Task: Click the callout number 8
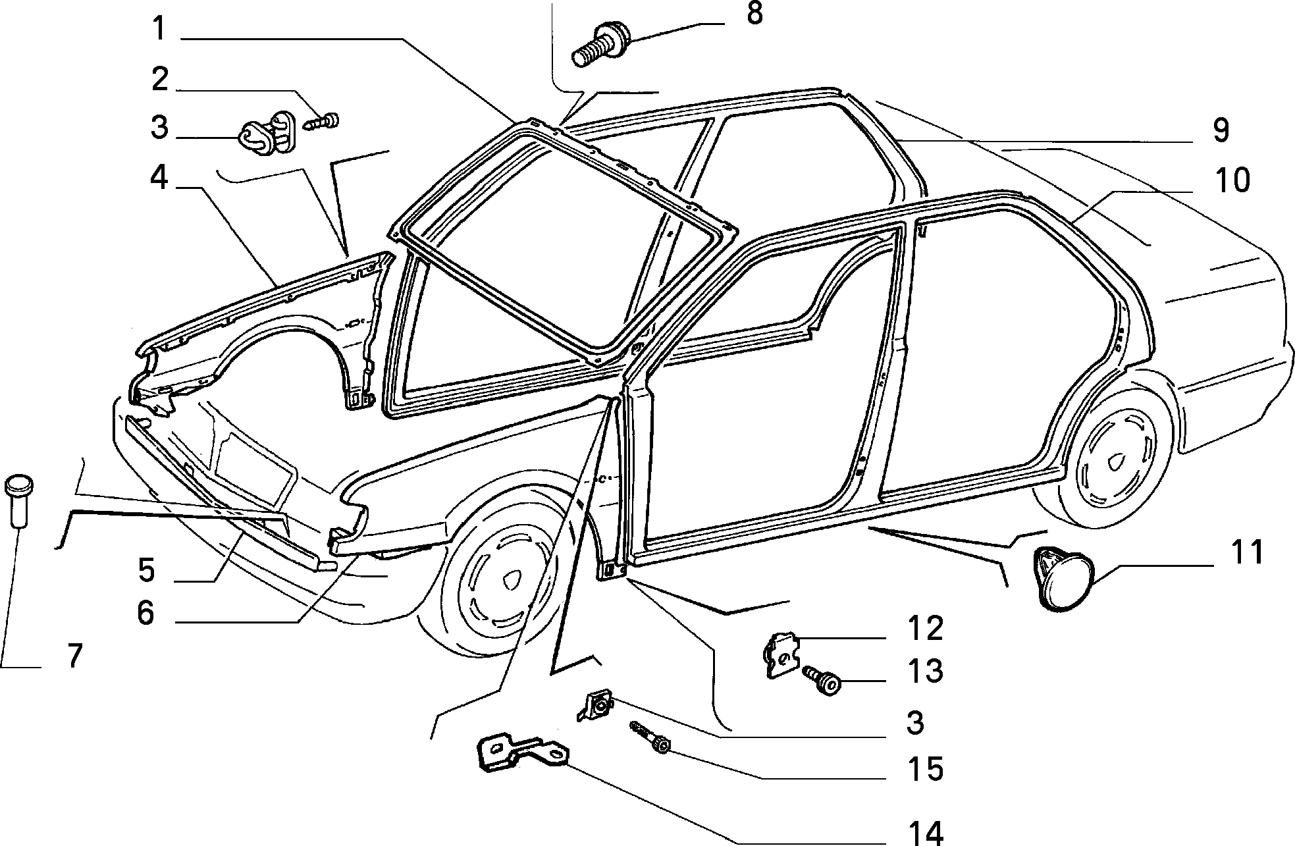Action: (x=754, y=14)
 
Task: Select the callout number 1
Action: (x=159, y=29)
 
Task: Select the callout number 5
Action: (x=147, y=569)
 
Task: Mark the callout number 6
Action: (x=145, y=612)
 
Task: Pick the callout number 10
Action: (x=1232, y=180)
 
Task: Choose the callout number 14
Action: (x=926, y=832)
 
